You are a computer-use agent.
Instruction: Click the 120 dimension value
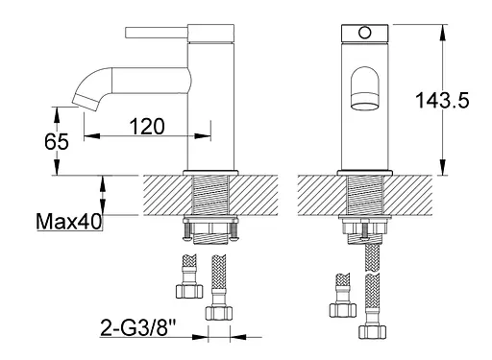[x=147, y=127]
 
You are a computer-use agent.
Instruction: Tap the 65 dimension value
[x=57, y=141]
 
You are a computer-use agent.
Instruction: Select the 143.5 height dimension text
[x=442, y=100]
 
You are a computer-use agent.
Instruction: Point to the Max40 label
[x=69, y=222]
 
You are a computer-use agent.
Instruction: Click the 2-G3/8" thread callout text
[x=138, y=327]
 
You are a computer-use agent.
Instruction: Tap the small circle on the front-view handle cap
[x=364, y=33]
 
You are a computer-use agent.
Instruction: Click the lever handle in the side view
[x=157, y=33]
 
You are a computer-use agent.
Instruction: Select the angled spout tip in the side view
[x=85, y=103]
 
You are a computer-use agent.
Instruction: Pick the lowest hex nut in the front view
[x=372, y=332]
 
